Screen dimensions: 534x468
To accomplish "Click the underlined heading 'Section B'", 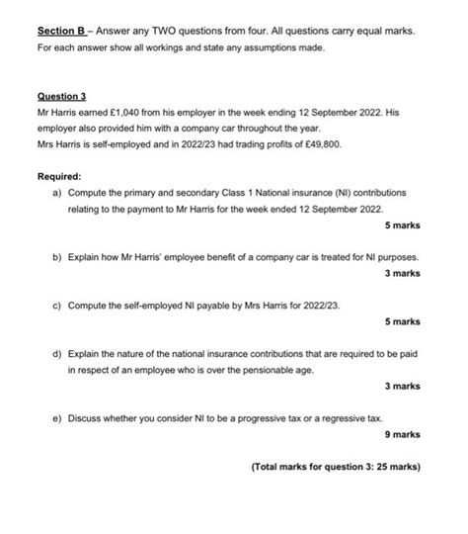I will coord(56,31).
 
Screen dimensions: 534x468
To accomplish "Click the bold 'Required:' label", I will coord(58,176).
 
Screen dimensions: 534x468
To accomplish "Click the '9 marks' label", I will coord(402,434).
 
